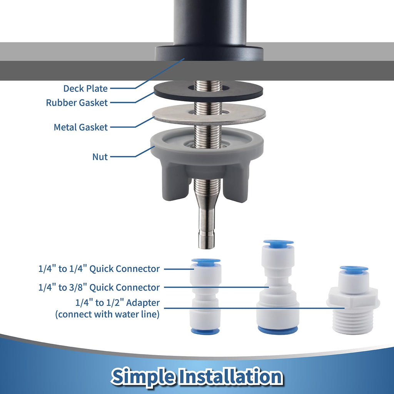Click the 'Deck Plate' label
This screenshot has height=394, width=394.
[x=85, y=88]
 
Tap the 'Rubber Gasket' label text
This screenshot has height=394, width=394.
[x=77, y=102]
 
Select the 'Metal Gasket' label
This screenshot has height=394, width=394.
[x=81, y=127]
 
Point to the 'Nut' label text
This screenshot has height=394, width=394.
[x=100, y=157]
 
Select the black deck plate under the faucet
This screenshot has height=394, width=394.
[x=209, y=53]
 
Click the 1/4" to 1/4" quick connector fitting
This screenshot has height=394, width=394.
[x=206, y=297]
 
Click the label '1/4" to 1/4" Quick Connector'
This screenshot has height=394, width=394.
[x=99, y=269]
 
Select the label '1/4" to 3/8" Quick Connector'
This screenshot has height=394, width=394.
[x=99, y=287]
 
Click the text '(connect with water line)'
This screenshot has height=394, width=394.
[x=107, y=314]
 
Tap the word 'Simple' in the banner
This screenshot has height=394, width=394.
[x=143, y=377]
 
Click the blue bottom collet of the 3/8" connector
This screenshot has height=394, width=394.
[x=278, y=330]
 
